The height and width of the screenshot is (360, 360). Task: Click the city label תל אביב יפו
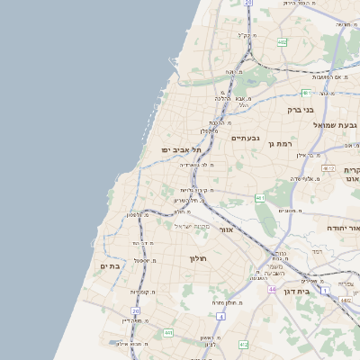178,149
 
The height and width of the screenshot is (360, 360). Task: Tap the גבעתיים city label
245,138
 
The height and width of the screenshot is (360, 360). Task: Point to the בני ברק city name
301,110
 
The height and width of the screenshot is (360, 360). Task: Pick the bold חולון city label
197,259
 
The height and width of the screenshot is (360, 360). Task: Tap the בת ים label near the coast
111,266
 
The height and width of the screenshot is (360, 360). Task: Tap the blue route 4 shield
221,317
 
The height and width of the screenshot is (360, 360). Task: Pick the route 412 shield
244,344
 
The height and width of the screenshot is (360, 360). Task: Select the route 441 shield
167,333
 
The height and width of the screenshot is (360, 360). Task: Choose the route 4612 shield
328,168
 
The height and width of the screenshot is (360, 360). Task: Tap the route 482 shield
283,42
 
